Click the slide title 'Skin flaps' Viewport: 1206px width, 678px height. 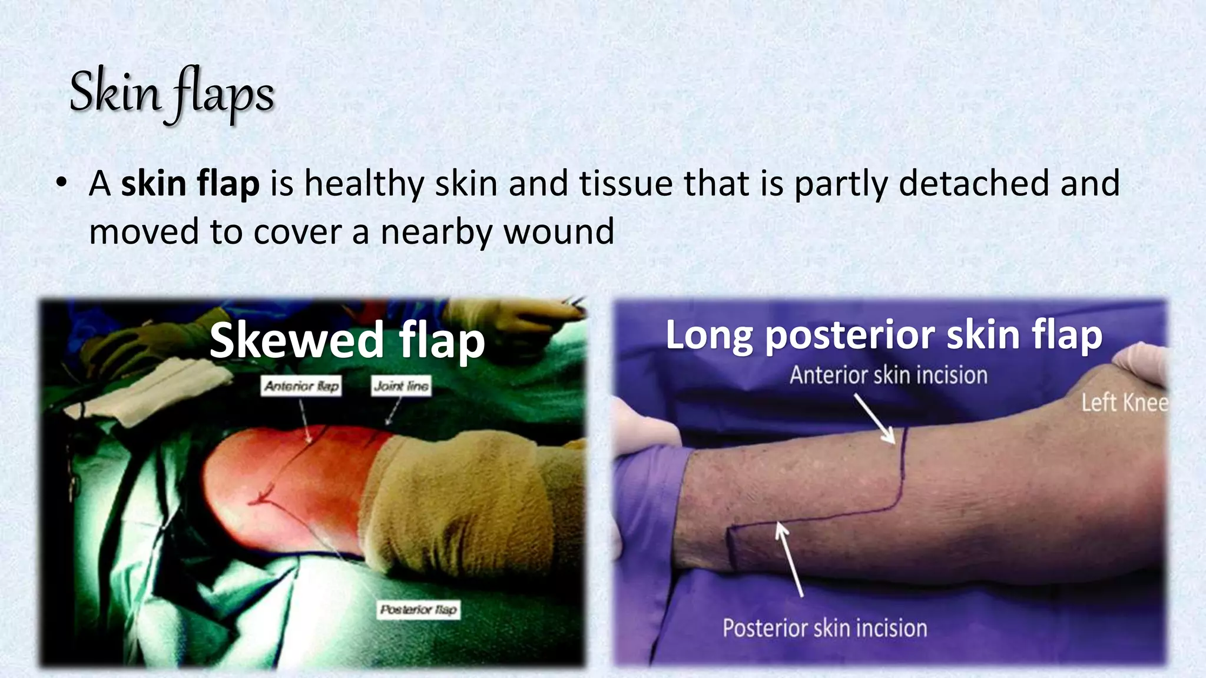click(x=171, y=94)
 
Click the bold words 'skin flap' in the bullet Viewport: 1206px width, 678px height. click(x=190, y=184)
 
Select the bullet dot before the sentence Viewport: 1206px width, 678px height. click(x=61, y=184)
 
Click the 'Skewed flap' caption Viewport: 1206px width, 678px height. click(x=347, y=340)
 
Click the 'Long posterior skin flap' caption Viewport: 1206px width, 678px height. click(x=883, y=335)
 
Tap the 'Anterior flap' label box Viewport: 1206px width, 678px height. click(x=301, y=386)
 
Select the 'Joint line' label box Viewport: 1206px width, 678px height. click(x=400, y=386)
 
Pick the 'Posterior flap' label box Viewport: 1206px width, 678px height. click(x=418, y=610)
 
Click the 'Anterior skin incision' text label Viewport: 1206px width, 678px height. click(x=888, y=375)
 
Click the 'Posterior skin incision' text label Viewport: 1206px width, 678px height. click(x=824, y=629)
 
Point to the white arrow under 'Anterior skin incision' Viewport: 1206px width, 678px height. click(x=875, y=419)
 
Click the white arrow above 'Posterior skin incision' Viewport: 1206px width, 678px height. click(x=789, y=559)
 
